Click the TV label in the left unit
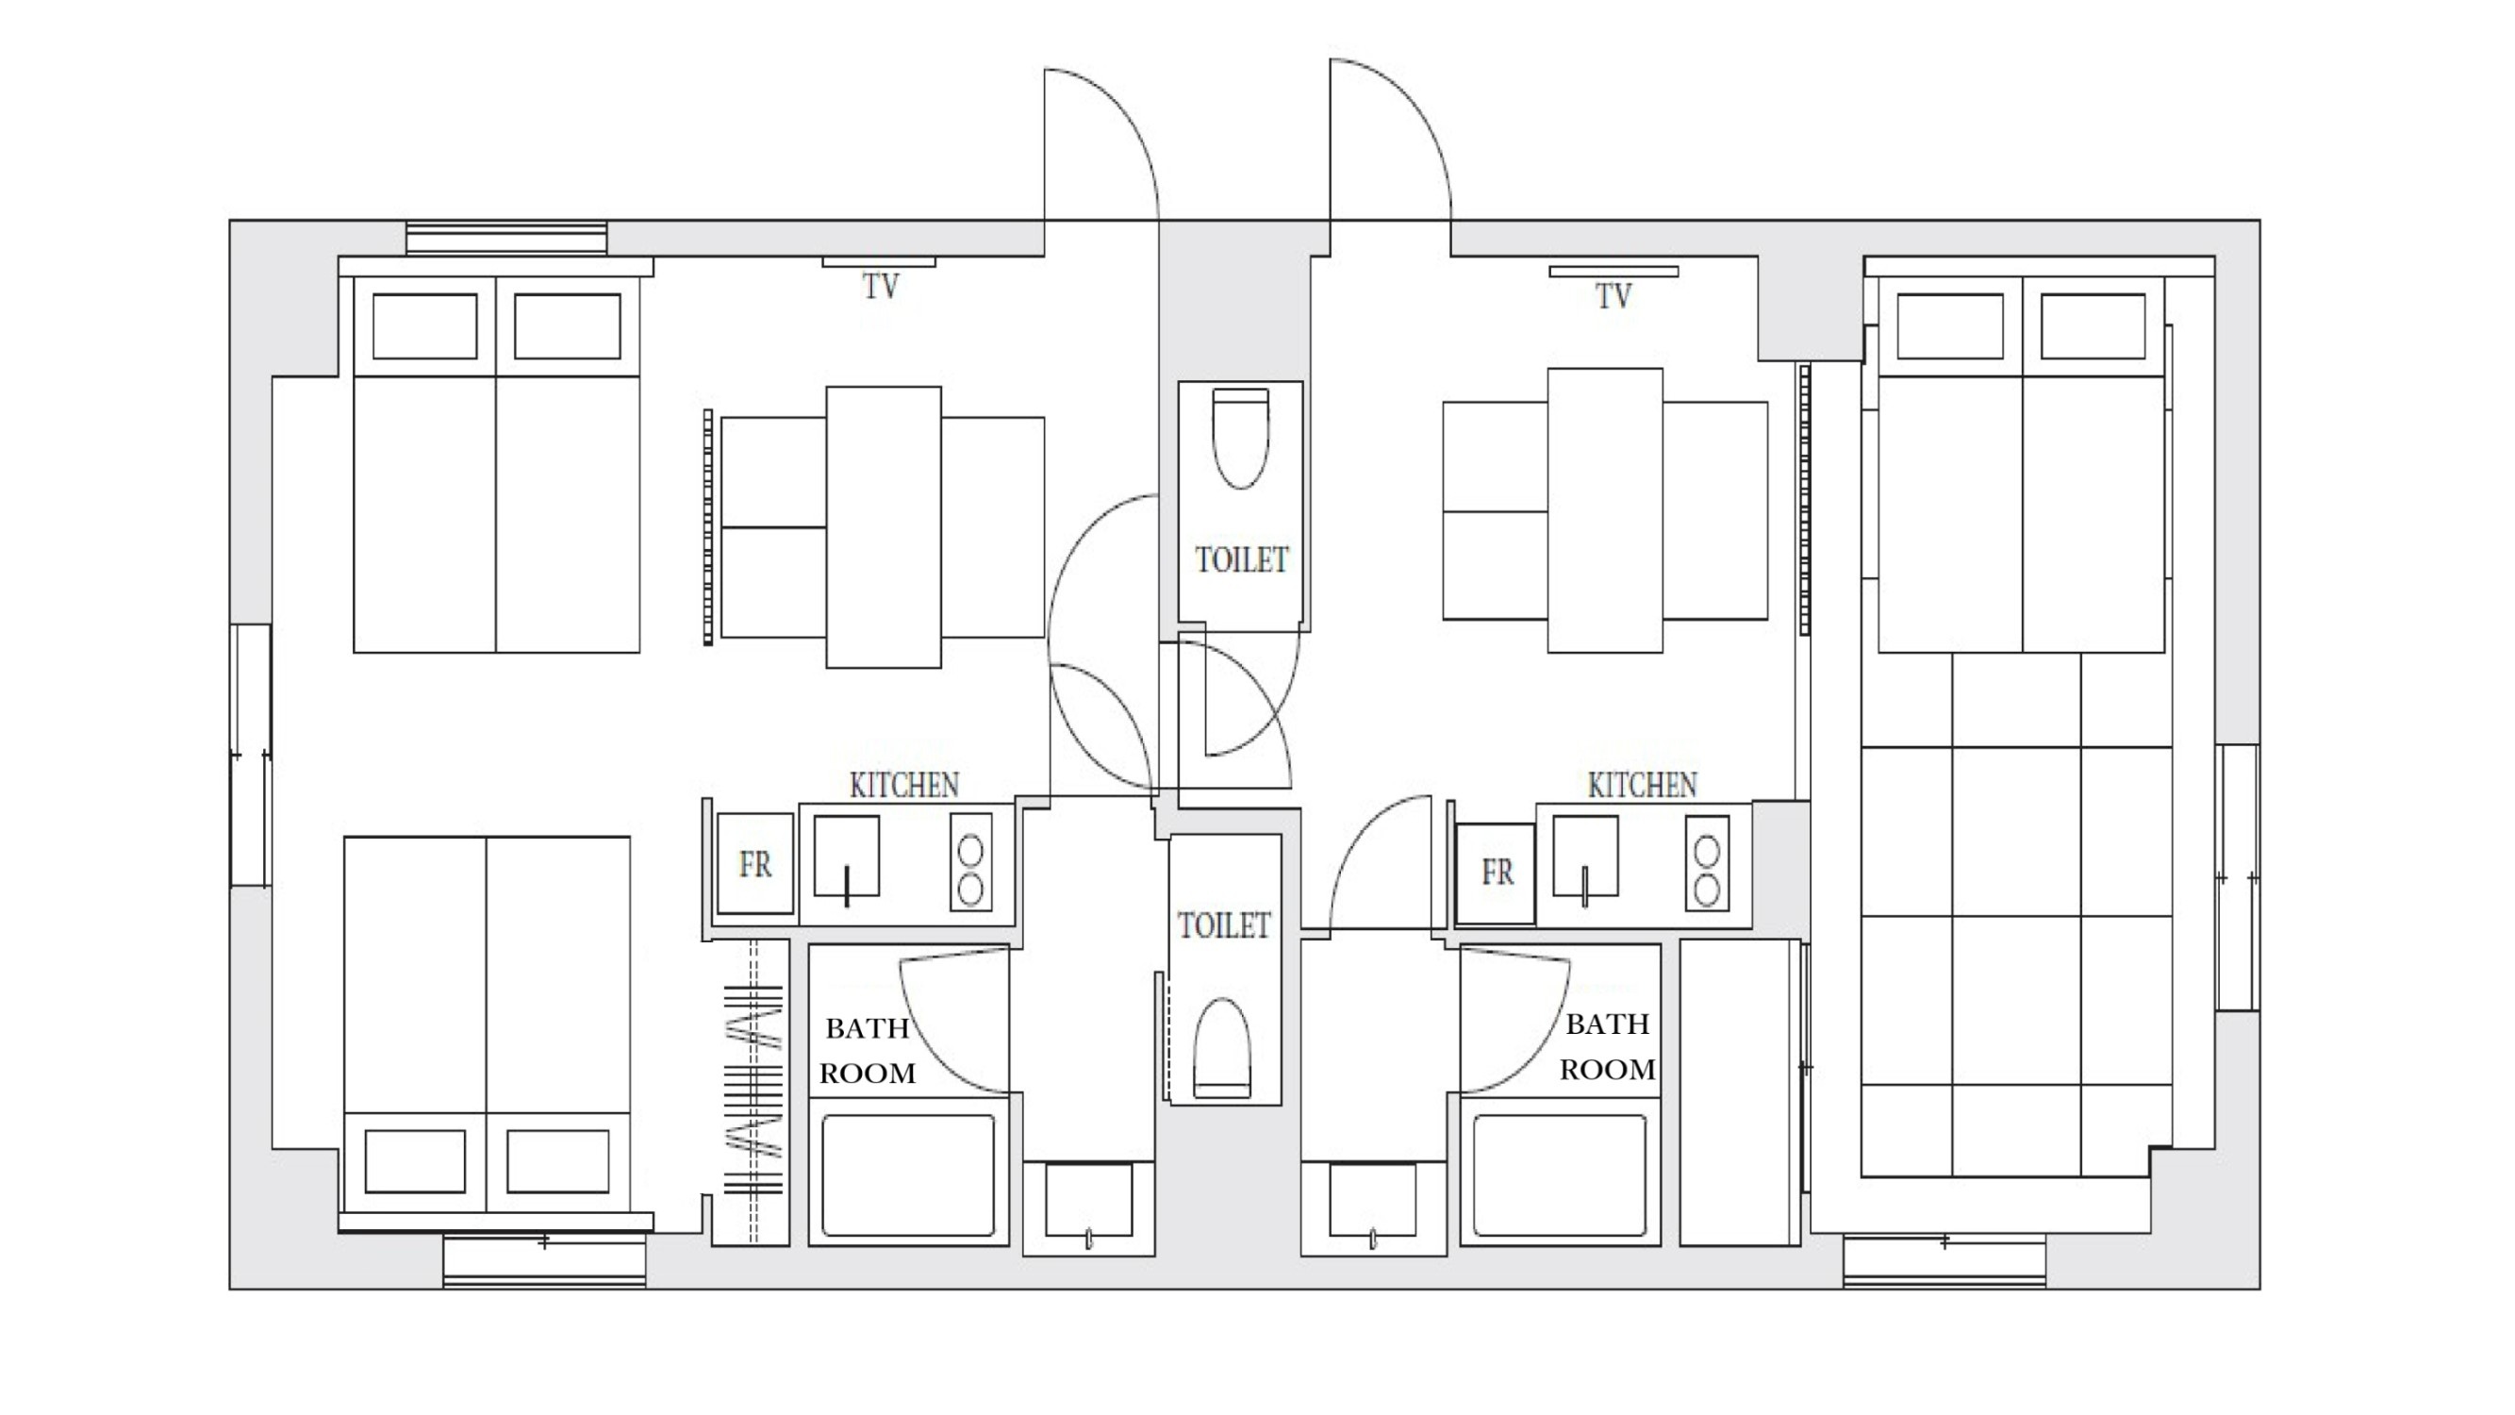[880, 286]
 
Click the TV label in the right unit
[1613, 296]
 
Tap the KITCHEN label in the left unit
[904, 785]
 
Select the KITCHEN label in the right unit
[1642, 785]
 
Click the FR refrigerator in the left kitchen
[754, 863]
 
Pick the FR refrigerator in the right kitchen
[1495, 872]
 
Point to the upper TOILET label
[1242, 559]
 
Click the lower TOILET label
[1223, 924]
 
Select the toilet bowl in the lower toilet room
[1222, 1048]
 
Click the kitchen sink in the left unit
[847, 857]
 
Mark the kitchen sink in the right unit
[1585, 857]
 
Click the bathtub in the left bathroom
[908, 1175]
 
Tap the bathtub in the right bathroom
[1559, 1175]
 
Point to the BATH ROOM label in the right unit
[1607, 1047]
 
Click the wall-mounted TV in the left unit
[879, 261]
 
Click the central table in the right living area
[1605, 509]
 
